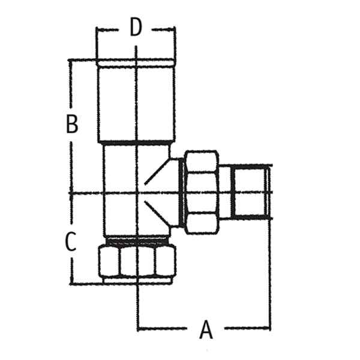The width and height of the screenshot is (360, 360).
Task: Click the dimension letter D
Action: [x=136, y=28]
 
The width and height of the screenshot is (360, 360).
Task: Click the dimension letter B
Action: [x=72, y=124]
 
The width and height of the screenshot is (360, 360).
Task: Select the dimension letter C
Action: [x=70, y=241]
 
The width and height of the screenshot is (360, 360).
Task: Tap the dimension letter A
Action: [x=206, y=329]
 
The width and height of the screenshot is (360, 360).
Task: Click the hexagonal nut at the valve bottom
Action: [x=137, y=261]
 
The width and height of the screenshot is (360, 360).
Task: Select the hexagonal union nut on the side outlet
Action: [x=202, y=193]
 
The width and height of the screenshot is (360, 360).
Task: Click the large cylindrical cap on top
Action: [x=136, y=101]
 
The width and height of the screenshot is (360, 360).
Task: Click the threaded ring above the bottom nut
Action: [x=137, y=241]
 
